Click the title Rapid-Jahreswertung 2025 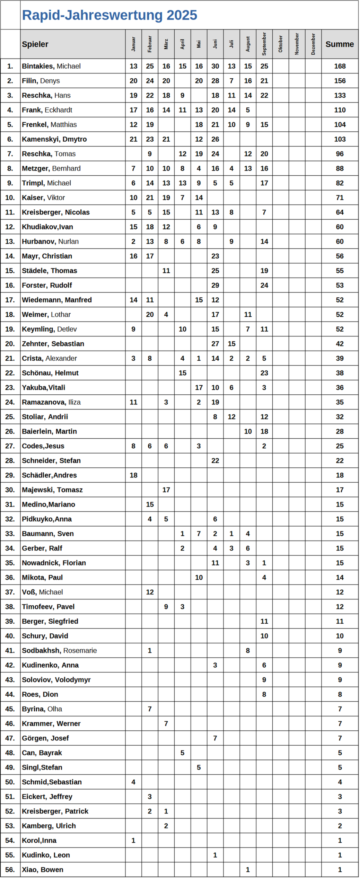[x=109, y=15]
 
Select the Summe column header [x=339, y=44]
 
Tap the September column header [x=264, y=44]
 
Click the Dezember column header [x=313, y=44]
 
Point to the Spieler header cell [x=35, y=44]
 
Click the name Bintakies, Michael [x=51, y=66]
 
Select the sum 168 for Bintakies [x=340, y=66]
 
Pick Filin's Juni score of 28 [x=215, y=81]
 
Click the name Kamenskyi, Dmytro [x=54, y=139]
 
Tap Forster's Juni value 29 [x=215, y=285]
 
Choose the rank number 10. [x=10, y=197]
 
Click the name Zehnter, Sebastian [x=53, y=344]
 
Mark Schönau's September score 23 [x=264, y=373]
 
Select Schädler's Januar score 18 [x=133, y=475]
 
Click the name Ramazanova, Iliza [x=51, y=402]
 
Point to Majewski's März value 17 [x=166, y=490]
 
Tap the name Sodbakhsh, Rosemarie [x=59, y=650]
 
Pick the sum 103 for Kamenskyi [x=340, y=139]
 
